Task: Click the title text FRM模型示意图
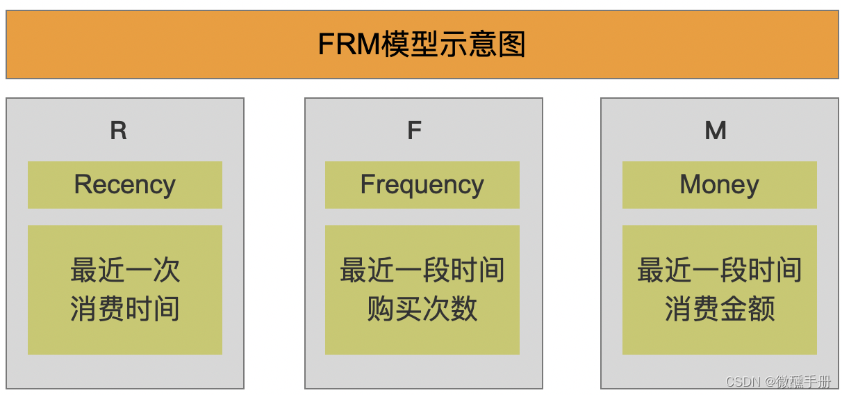point(422,45)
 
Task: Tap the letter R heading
point(119,131)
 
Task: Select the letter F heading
point(415,131)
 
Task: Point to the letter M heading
point(716,131)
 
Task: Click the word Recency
point(125,185)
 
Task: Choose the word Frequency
point(422,185)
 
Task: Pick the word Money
point(719,185)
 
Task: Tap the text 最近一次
point(125,270)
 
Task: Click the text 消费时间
point(125,309)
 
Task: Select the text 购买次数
point(422,309)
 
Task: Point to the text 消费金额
point(720,309)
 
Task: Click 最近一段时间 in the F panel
point(422,270)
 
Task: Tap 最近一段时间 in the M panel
point(720,270)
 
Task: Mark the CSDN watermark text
point(743,382)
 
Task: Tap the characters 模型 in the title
point(415,45)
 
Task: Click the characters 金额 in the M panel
point(748,309)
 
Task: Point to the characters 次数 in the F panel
point(450,309)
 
